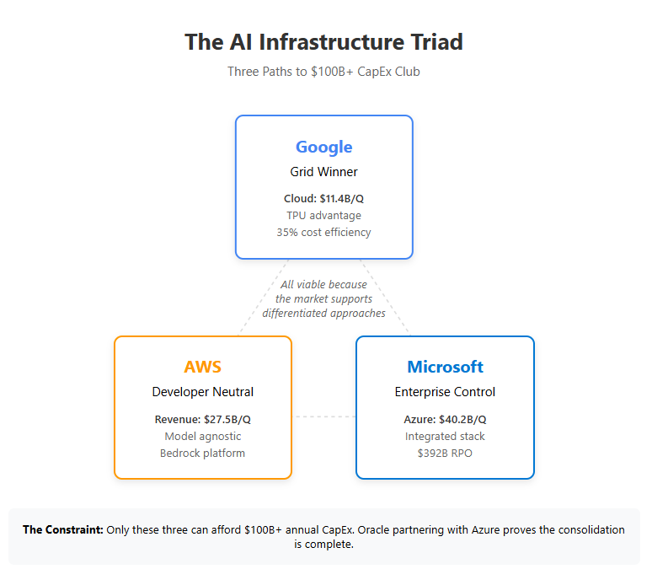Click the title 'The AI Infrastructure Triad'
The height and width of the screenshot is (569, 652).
pos(323,42)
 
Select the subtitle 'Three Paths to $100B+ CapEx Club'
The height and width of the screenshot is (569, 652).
pos(323,72)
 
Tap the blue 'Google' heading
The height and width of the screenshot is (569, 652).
pos(323,147)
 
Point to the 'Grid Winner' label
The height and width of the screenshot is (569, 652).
pos(323,172)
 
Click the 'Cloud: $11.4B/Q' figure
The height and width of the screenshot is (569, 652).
pos(323,199)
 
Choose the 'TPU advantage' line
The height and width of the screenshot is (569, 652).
pos(323,215)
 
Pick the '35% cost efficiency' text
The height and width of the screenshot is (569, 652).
pos(323,232)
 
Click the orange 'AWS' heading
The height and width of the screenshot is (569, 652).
pos(202,367)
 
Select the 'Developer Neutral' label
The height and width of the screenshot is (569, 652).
pos(202,392)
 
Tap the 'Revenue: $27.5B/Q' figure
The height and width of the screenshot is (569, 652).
pos(202,419)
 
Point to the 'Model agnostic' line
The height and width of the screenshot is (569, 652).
pos(202,436)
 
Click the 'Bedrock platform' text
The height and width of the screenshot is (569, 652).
pos(202,453)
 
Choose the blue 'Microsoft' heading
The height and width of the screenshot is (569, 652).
pos(445,367)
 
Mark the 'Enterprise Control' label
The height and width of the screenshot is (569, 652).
pos(445,392)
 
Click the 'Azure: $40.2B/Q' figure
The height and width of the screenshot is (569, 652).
pos(445,419)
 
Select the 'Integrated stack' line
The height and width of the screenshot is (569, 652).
pos(445,436)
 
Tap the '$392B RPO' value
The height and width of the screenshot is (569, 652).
pos(445,453)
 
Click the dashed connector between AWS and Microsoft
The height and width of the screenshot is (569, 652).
pos(323,416)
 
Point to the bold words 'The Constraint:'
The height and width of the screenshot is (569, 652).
pos(61,530)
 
